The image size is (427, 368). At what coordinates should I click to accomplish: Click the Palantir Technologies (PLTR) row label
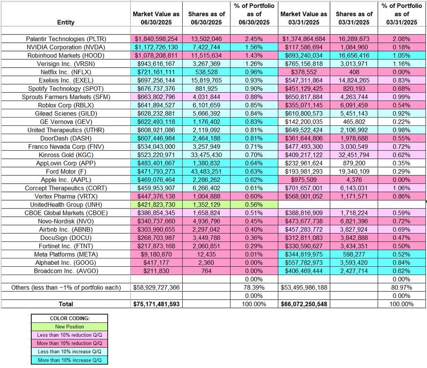(x=66, y=39)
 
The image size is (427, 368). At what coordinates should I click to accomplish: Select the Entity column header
(x=66, y=22)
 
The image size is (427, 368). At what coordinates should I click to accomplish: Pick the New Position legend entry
(x=69, y=327)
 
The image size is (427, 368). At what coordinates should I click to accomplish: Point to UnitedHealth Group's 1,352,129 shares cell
(x=206, y=205)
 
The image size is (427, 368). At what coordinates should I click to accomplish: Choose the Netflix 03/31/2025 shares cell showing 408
(x=354, y=72)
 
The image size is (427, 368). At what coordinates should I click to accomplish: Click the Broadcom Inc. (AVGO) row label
(x=66, y=271)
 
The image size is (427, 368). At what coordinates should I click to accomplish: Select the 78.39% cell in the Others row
(x=254, y=287)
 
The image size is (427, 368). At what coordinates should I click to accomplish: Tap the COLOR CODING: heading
(x=69, y=319)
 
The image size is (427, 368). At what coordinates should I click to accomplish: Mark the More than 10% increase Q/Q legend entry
(x=69, y=360)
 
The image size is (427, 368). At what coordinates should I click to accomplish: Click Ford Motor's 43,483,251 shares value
(x=206, y=171)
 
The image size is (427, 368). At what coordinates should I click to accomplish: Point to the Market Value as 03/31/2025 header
(x=304, y=18)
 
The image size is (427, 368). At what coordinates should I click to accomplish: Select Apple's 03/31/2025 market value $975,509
(x=304, y=180)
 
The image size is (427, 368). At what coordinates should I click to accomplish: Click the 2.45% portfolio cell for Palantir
(x=254, y=39)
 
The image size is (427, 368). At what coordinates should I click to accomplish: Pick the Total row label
(x=66, y=304)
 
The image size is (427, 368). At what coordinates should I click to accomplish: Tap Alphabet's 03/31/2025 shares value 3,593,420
(x=354, y=262)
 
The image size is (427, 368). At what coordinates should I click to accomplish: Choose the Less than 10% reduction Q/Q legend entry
(x=69, y=335)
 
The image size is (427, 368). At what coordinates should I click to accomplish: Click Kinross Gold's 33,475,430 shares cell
(x=206, y=155)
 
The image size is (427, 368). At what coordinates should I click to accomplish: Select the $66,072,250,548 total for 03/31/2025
(x=304, y=304)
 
